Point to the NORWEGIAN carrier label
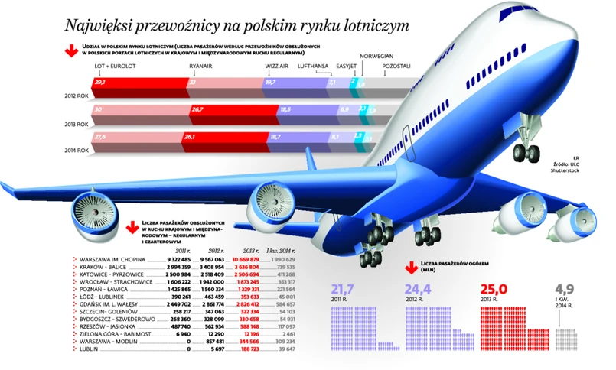click(376, 57)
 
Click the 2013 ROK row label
click(77, 123)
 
